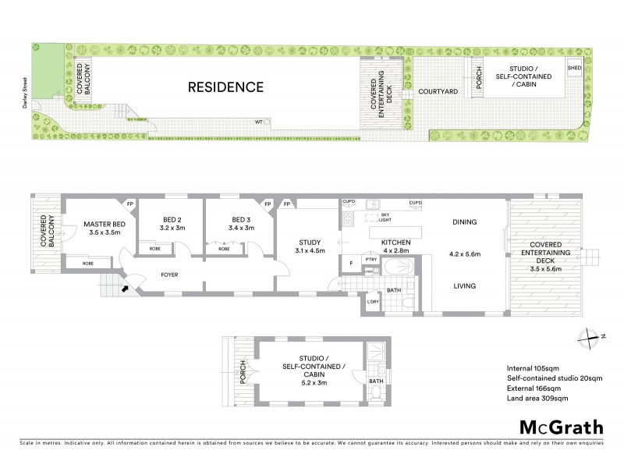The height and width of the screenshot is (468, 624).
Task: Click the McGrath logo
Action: coord(562,427)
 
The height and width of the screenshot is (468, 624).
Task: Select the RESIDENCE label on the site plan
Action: coord(225,87)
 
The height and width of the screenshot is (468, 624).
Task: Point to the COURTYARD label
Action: coord(437,92)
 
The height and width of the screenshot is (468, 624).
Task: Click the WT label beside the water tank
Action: coord(259,122)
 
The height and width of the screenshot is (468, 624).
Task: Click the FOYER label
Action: coord(171,275)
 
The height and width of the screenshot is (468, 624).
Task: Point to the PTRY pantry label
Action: coord(371,259)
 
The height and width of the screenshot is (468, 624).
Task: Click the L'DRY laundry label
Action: coord(372,302)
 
